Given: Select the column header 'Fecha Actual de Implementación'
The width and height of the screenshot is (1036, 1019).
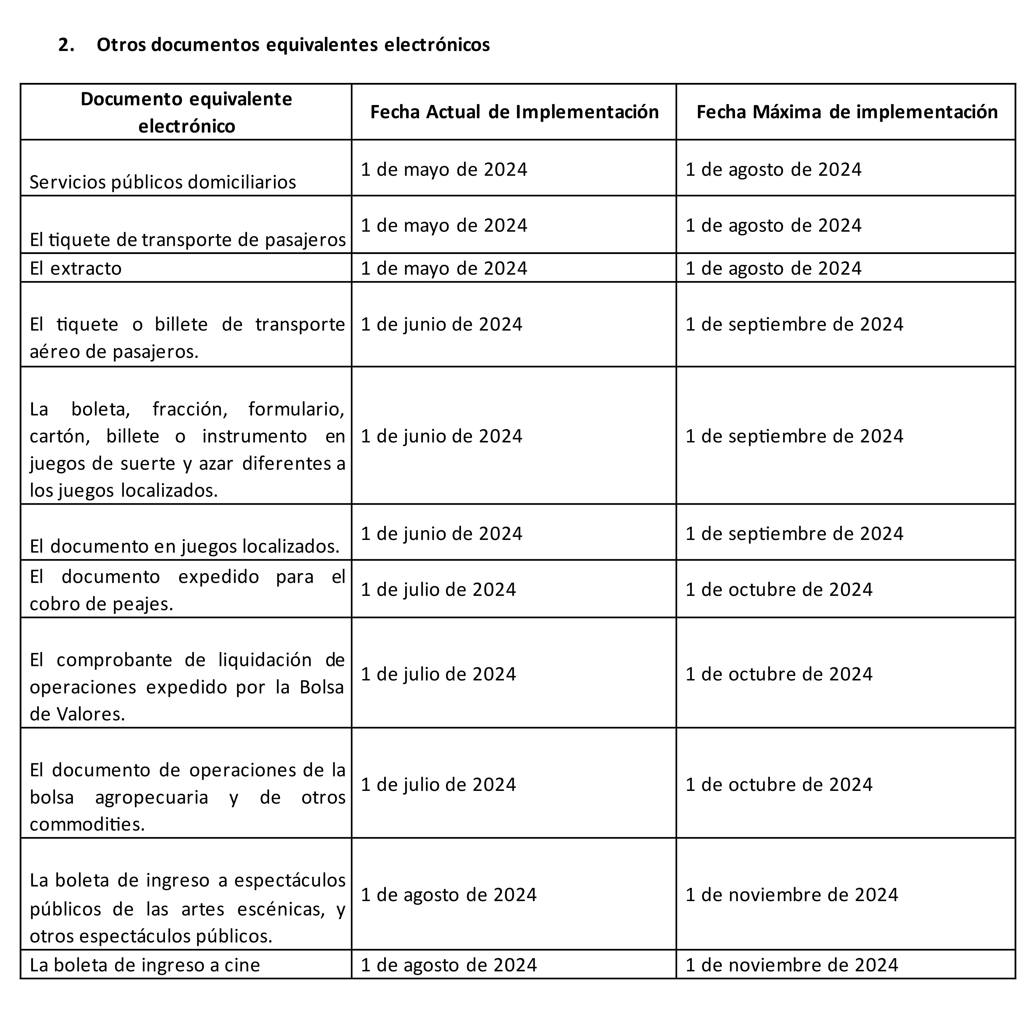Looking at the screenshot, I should [x=514, y=112].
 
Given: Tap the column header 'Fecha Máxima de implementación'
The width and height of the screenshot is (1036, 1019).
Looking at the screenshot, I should [x=847, y=112].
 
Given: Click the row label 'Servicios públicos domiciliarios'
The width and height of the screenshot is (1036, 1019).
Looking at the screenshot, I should [x=163, y=182].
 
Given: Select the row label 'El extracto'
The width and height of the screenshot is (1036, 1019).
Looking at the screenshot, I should [x=75, y=268].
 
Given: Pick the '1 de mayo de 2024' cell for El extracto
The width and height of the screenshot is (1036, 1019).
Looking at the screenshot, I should [x=444, y=268].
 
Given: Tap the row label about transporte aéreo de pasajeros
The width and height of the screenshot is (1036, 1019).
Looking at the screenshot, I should [x=187, y=338].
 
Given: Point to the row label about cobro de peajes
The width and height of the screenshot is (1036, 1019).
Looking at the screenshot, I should [x=187, y=590].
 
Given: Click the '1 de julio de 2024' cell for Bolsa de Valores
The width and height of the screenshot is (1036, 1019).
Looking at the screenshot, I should [x=438, y=674].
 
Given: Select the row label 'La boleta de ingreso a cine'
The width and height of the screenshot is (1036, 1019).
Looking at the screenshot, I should [x=145, y=965].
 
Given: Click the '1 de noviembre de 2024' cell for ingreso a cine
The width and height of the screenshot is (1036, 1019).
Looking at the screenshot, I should [x=791, y=965].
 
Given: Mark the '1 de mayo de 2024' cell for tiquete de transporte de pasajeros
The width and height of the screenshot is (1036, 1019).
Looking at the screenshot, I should [x=444, y=225].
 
